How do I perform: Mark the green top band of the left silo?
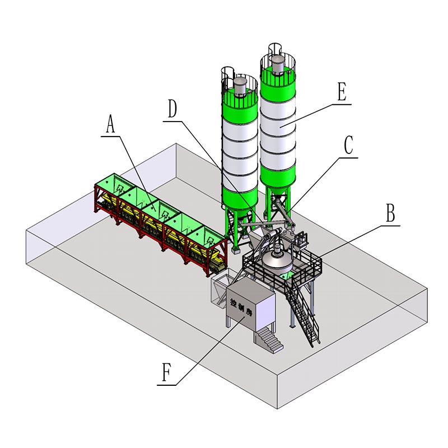(x=240, y=106)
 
